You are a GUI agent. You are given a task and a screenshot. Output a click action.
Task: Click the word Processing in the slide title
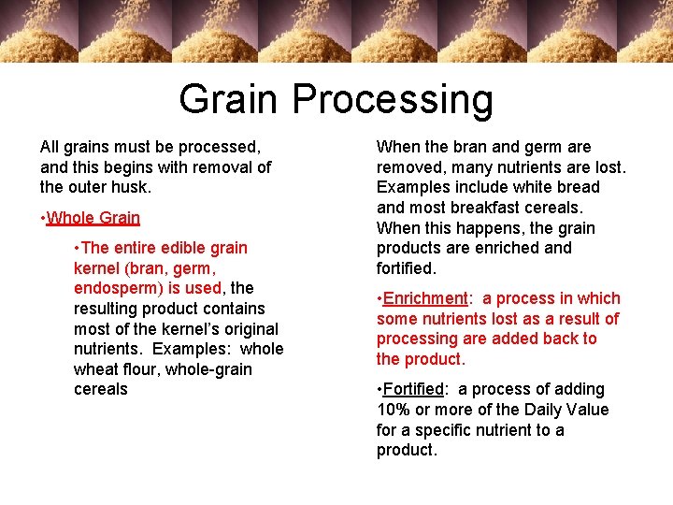(x=393, y=99)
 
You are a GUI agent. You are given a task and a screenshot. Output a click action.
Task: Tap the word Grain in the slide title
(x=229, y=99)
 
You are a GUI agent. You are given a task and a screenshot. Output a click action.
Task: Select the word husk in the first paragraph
(x=132, y=187)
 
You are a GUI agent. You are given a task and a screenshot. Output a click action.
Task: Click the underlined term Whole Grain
(x=93, y=218)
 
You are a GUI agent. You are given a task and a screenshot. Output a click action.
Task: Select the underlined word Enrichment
(x=425, y=298)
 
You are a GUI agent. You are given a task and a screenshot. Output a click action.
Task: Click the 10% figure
(x=394, y=410)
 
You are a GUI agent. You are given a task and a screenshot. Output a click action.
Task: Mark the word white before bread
(x=536, y=187)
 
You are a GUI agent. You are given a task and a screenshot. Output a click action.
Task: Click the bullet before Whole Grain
(x=43, y=218)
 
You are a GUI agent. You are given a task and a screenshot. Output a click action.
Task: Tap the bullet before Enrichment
(x=379, y=298)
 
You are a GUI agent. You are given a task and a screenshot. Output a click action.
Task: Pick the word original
(x=247, y=328)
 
